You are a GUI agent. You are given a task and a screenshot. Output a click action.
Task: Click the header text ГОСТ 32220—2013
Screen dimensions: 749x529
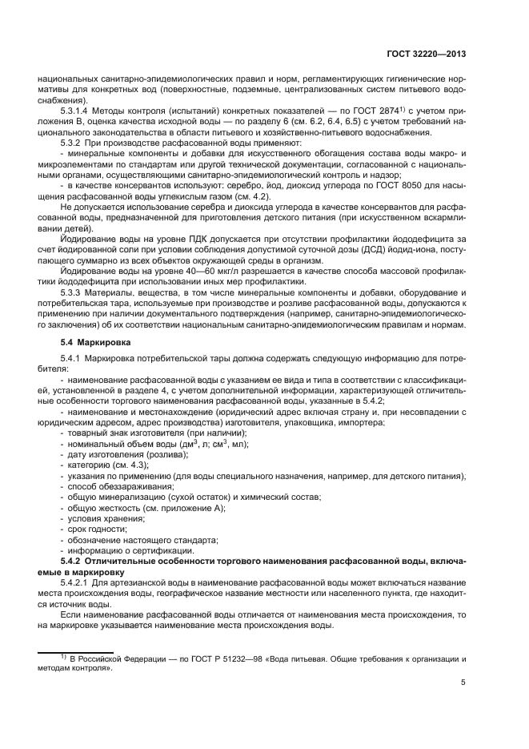427,54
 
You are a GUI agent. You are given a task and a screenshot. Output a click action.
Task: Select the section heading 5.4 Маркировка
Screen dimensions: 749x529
92,342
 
